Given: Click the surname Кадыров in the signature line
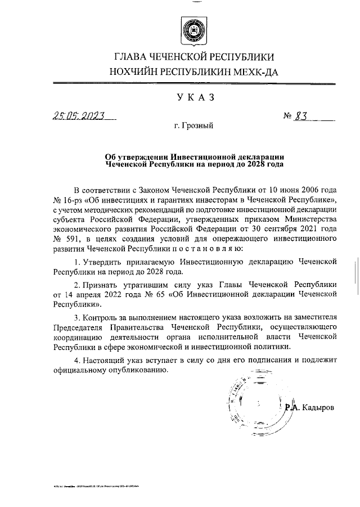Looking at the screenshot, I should [319, 406].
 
